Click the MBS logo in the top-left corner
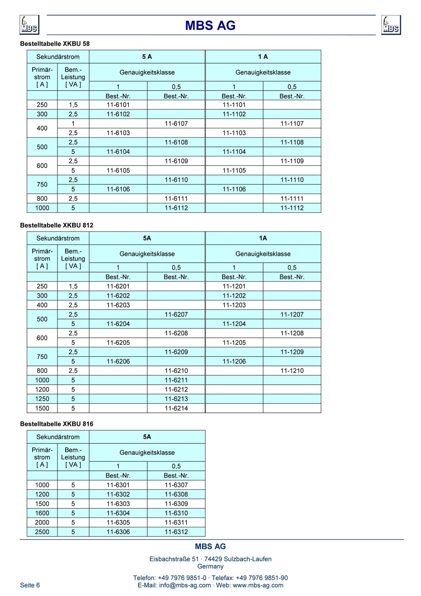tap(29, 25)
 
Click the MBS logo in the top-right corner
tap(391, 25)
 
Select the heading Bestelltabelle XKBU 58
tap(55, 44)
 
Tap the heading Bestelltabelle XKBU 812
tap(57, 225)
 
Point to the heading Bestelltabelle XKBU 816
tap(57, 424)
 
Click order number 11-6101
tap(118, 105)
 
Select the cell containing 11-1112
tap(292, 208)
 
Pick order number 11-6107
tap(176, 124)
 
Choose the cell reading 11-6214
tap(176, 408)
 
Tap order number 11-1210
tap(292, 371)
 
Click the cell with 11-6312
tap(176, 532)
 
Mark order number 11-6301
tap(118, 485)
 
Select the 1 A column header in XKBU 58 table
tap(263, 57)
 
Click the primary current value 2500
tap(42, 532)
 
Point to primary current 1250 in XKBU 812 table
tap(42, 399)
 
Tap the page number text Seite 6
tap(30, 585)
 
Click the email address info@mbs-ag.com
tap(185, 585)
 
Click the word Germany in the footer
tap(210, 566)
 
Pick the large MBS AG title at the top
tap(210, 25)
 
